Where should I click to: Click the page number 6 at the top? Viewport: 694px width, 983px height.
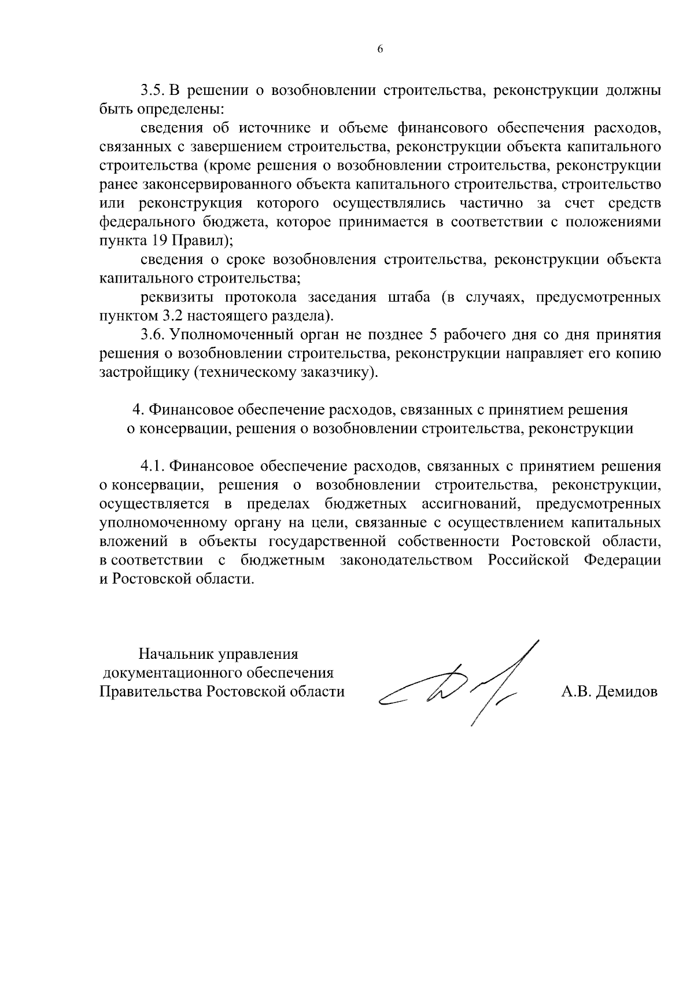380,50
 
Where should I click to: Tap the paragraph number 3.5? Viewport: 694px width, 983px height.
153,91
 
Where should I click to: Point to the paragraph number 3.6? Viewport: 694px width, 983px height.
153,335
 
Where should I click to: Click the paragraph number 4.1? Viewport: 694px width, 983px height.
153,466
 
